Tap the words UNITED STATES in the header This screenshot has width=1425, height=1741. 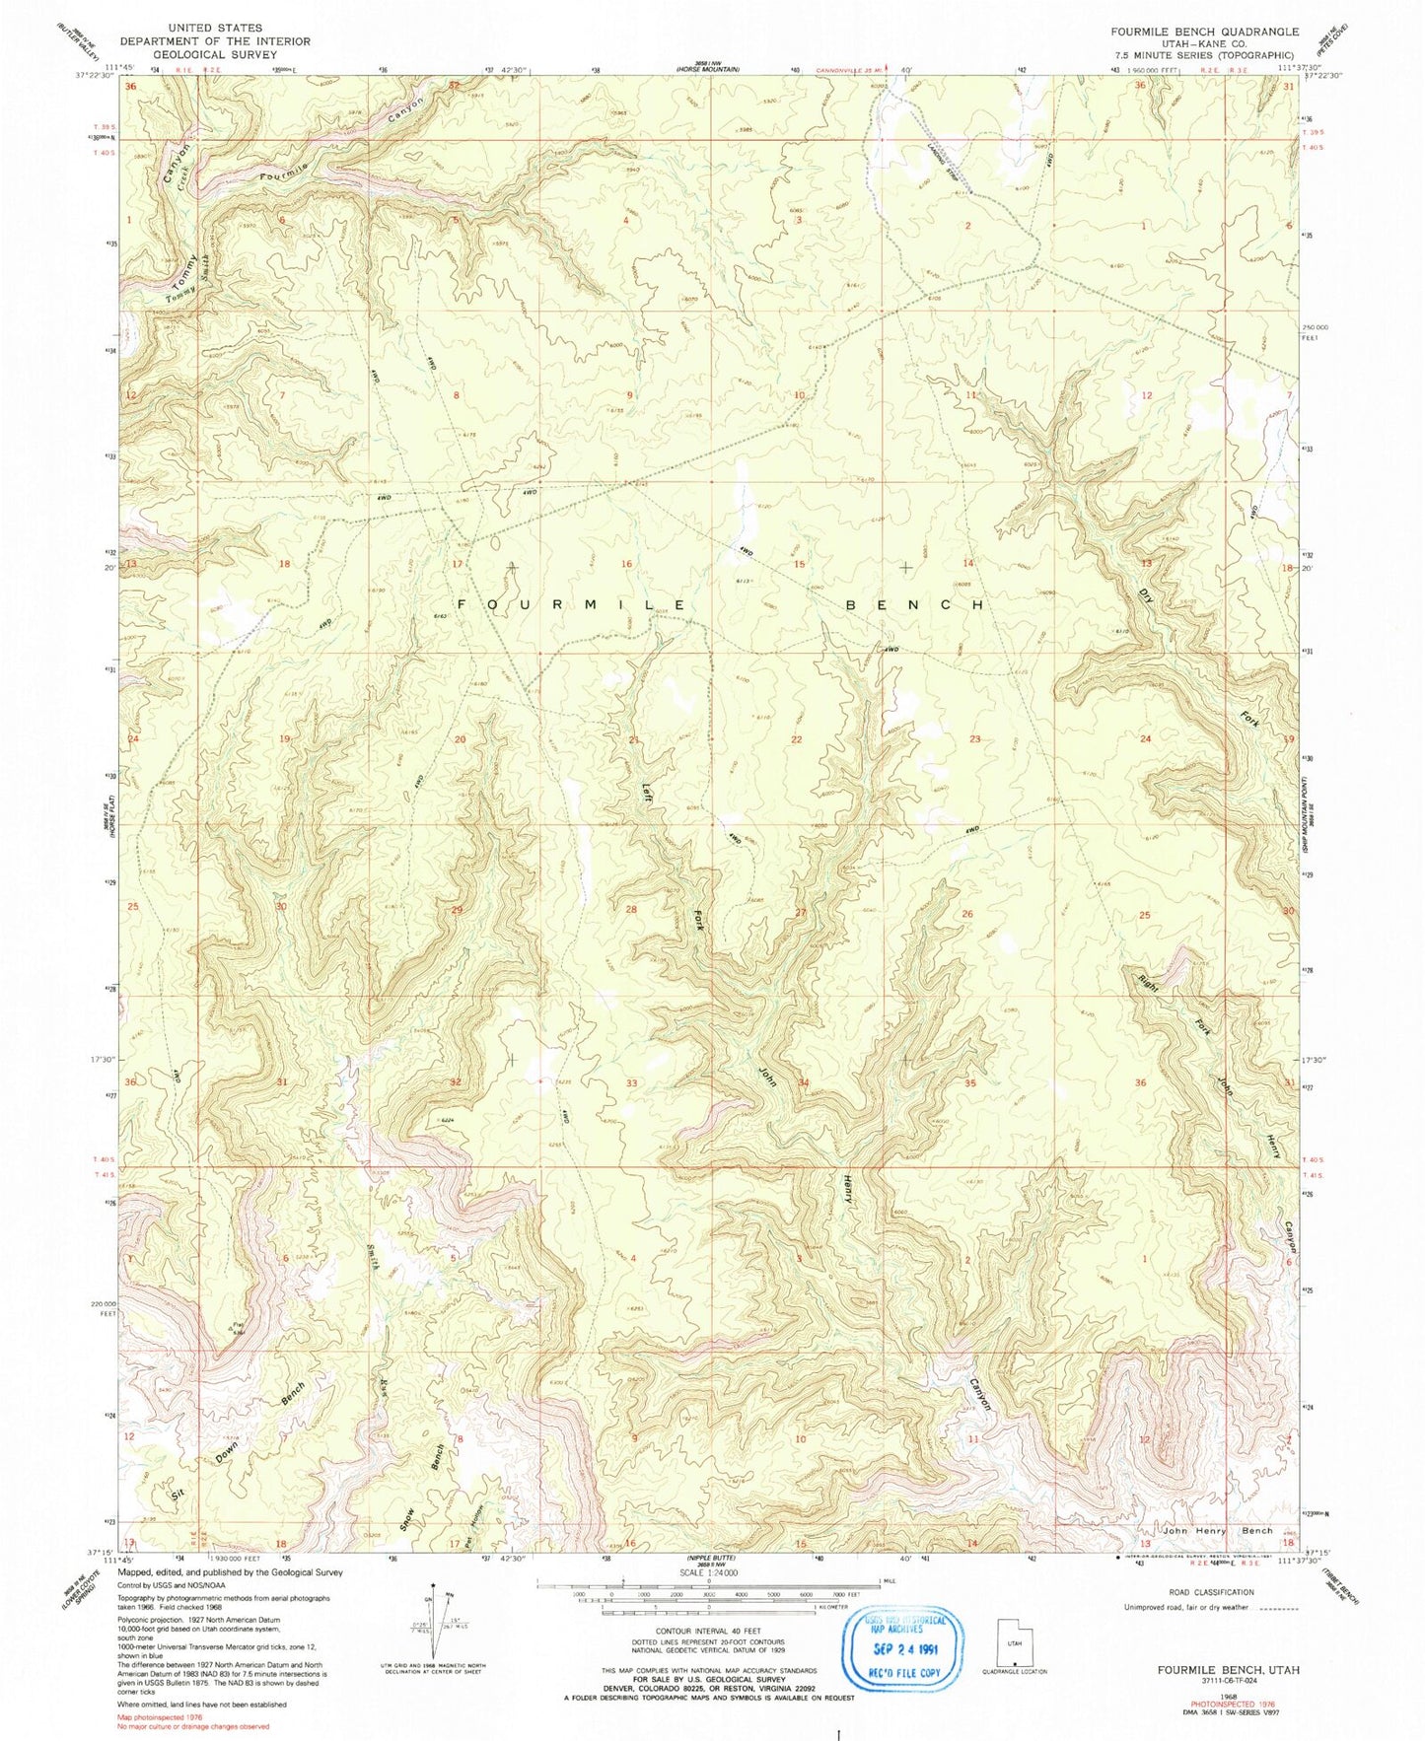pos(215,29)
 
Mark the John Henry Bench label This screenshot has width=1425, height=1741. pos(1191,1530)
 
